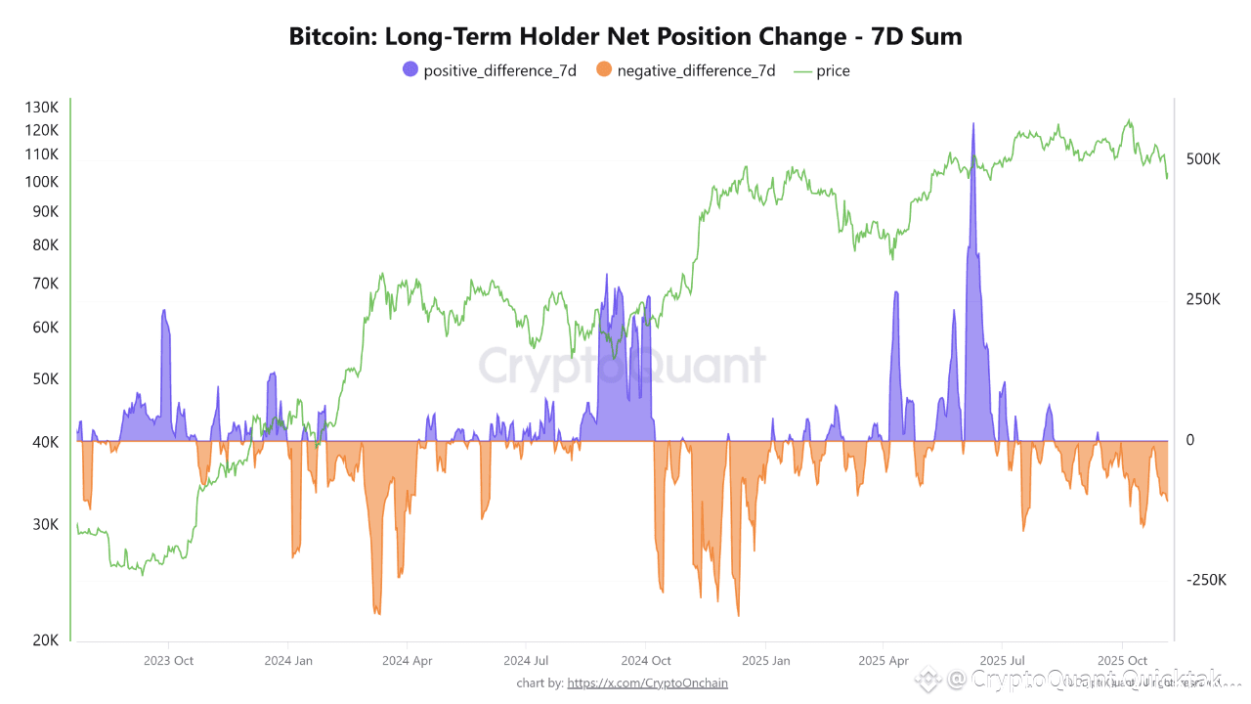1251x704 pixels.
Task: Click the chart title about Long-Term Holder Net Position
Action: coord(625,37)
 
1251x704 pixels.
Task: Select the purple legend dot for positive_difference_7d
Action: coord(410,69)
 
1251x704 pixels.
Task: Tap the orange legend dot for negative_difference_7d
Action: coord(603,69)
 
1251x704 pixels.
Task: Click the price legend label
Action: coord(833,70)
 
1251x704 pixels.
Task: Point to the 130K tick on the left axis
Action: coord(42,107)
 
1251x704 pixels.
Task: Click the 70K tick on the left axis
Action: coord(45,284)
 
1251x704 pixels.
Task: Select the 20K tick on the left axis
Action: coord(45,639)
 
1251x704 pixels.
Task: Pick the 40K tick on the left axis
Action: coord(45,442)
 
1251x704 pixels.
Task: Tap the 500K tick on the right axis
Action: coord(1203,159)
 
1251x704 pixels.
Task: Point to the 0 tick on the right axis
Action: coord(1190,440)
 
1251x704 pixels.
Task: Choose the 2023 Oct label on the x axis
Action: coord(169,661)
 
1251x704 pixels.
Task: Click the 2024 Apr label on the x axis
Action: coord(409,661)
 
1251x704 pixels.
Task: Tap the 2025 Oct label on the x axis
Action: coord(1123,661)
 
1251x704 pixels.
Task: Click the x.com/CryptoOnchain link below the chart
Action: coord(647,682)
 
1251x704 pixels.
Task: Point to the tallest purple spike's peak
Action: coord(973,124)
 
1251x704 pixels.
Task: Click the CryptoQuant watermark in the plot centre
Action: coord(622,366)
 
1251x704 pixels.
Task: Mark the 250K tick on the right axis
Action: coord(1203,299)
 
